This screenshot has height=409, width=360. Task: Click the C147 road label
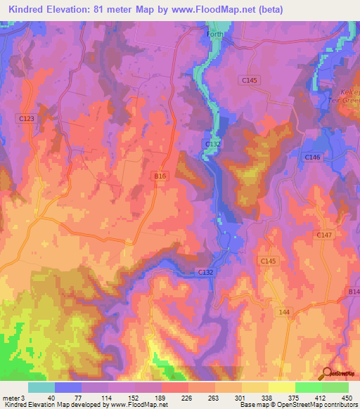324,235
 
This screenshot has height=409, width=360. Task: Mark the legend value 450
345,397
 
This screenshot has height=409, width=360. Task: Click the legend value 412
321,397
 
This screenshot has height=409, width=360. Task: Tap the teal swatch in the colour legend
41,387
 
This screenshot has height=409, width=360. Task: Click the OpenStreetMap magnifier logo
327,375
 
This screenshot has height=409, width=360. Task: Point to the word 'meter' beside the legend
11,397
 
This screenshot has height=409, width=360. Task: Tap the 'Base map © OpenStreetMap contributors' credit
297,405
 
